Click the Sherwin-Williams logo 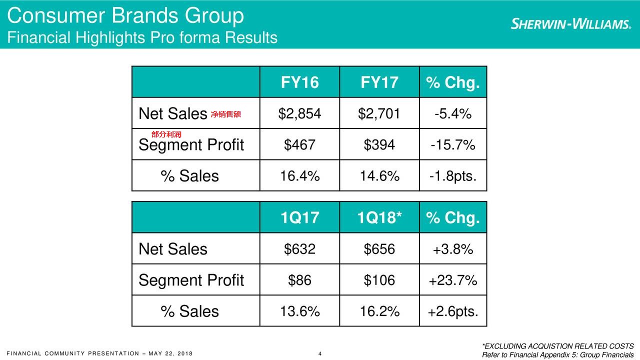click(x=570, y=24)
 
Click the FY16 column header click(x=299, y=82)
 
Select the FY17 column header click(x=379, y=82)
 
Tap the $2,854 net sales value click(x=299, y=114)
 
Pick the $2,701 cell click(x=379, y=114)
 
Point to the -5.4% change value click(x=452, y=114)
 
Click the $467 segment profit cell click(x=299, y=145)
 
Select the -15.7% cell click(x=452, y=145)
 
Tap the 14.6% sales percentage click(x=379, y=176)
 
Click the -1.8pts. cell click(x=452, y=176)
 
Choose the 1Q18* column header click(x=379, y=218)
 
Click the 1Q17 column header click(x=299, y=218)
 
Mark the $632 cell click(x=299, y=249)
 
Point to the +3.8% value click(x=452, y=249)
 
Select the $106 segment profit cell click(x=379, y=280)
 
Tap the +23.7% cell click(x=452, y=280)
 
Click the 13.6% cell click(x=299, y=311)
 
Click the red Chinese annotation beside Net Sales click(x=225, y=115)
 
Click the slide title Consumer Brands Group click(x=125, y=16)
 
